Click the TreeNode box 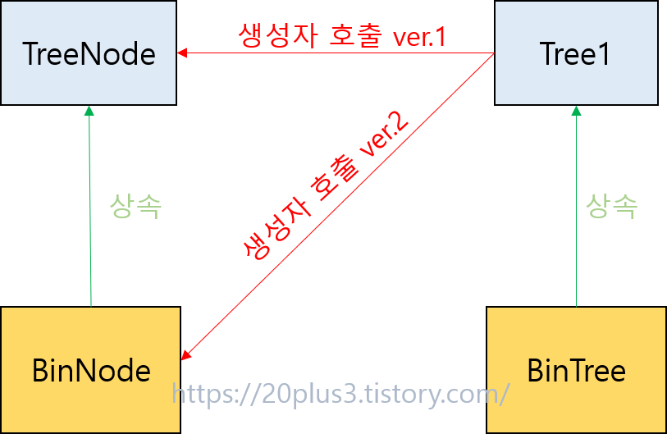(x=89, y=53)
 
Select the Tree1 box (x=576, y=53)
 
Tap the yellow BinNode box (x=90, y=370)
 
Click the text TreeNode (x=89, y=54)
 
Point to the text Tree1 (x=576, y=54)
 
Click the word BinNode (x=91, y=371)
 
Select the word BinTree (x=576, y=371)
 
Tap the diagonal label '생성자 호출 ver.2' (x=329, y=190)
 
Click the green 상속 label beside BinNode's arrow (x=135, y=206)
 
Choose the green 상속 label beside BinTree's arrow (x=612, y=206)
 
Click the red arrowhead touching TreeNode (x=182, y=54)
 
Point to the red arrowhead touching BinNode (x=186, y=354)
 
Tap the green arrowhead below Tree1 (x=575, y=111)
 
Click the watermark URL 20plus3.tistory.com (x=340, y=395)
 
